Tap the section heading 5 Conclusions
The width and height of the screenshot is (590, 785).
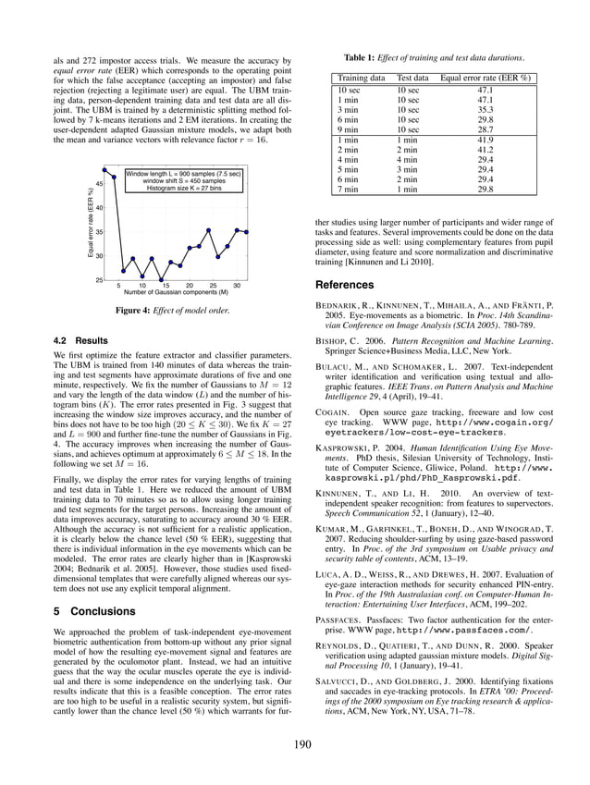pyautogui.click(x=95, y=611)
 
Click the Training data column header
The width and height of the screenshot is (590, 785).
pyautogui.click(x=362, y=79)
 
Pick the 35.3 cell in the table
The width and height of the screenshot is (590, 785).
pyautogui.click(x=485, y=110)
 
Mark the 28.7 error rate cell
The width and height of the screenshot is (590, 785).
pyautogui.click(x=485, y=130)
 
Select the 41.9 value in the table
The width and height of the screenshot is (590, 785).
pyautogui.click(x=485, y=140)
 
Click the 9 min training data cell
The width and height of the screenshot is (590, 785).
pyautogui.click(x=349, y=130)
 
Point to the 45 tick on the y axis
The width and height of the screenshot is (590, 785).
pyautogui.click(x=99, y=184)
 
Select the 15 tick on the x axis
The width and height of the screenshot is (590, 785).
pyautogui.click(x=166, y=286)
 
